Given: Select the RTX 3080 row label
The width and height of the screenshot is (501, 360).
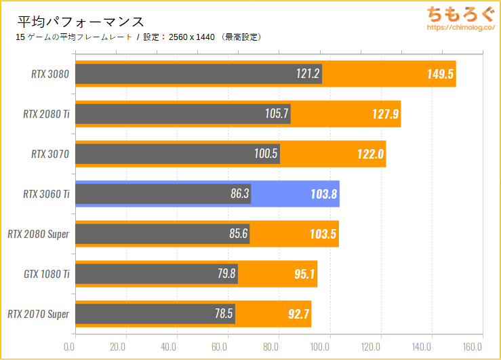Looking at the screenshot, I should (x=50, y=74).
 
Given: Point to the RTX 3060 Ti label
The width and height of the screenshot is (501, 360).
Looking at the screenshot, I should (x=46, y=194).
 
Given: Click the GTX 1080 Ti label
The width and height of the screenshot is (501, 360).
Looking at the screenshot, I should (x=47, y=274).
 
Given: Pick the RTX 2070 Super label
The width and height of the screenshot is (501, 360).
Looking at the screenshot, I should (x=39, y=314).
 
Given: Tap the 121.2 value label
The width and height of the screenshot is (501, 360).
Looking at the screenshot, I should (x=308, y=74).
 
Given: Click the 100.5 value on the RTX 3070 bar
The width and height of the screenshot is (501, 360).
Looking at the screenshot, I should (x=266, y=154).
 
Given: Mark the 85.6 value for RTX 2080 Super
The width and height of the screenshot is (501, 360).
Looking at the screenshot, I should (x=238, y=234).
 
